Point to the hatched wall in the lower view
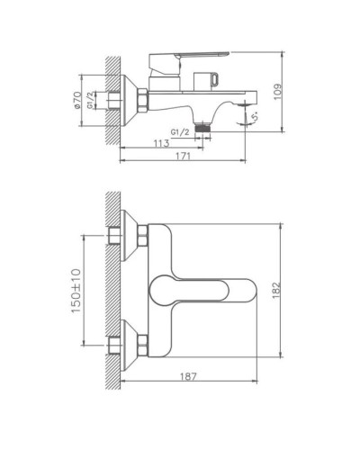point(112,288)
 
